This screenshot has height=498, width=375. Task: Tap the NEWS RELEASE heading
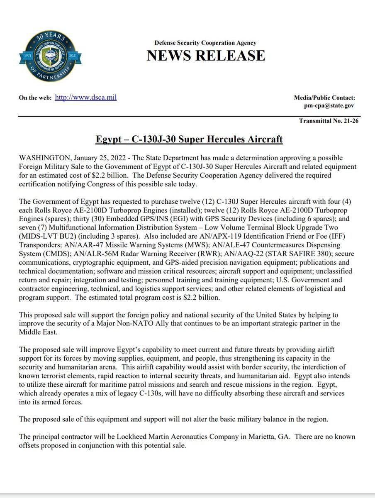click(x=205, y=55)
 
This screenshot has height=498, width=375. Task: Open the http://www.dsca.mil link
click(x=86, y=98)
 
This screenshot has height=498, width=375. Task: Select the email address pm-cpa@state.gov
click(x=329, y=105)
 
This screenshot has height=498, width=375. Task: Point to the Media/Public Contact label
click(x=324, y=98)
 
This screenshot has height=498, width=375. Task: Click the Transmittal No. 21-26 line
click(x=329, y=121)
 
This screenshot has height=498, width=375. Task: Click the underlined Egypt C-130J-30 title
click(x=189, y=139)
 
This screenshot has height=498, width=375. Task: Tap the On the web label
click(x=35, y=98)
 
